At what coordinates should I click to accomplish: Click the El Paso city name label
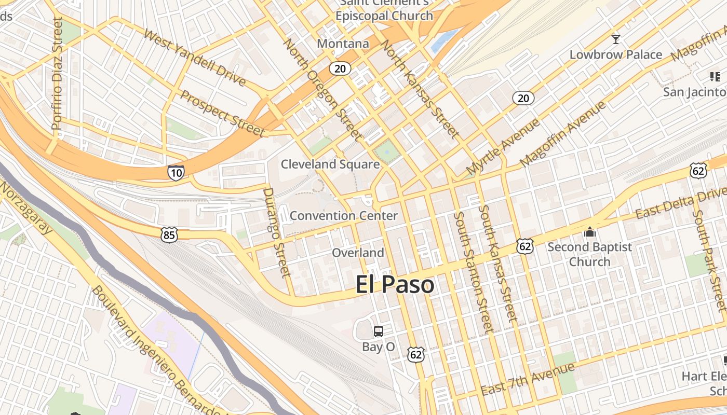point(395,285)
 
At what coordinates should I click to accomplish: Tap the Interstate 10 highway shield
point(176,172)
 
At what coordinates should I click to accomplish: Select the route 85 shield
point(170,235)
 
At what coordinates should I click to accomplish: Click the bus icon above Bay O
point(379,331)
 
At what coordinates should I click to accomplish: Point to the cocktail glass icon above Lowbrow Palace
point(616,39)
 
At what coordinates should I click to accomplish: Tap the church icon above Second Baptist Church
point(589,232)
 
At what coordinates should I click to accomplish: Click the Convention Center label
point(344,215)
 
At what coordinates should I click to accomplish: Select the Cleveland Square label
point(330,164)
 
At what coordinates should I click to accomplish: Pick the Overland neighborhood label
point(358,253)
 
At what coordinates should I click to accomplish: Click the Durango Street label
point(276,232)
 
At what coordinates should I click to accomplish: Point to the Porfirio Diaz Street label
point(57,73)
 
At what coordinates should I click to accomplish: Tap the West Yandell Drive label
point(194,57)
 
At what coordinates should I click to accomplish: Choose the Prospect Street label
point(223,113)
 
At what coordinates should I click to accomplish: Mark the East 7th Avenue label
point(528,380)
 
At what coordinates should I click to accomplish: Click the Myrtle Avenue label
point(503,147)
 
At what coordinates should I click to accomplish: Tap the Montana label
point(343,44)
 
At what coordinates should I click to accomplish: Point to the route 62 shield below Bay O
point(416,354)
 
